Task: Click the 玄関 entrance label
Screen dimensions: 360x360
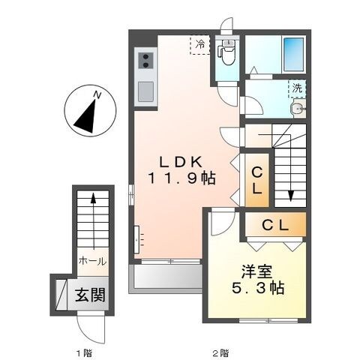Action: (x=88, y=292)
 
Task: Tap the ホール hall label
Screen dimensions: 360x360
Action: (x=92, y=262)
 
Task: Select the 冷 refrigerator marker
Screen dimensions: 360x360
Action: (x=200, y=44)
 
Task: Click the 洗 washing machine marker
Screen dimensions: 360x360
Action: (x=297, y=88)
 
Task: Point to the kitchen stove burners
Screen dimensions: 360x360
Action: (x=145, y=61)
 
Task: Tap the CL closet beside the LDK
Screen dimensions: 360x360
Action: (x=256, y=180)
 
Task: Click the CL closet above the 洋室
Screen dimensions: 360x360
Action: (x=273, y=224)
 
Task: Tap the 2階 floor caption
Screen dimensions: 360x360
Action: (x=220, y=352)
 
